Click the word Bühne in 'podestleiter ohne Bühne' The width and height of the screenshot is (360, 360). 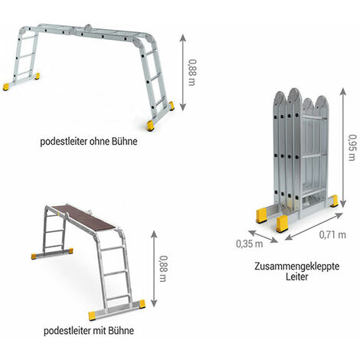click(x=125, y=141)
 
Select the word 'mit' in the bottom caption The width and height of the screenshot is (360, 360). click(x=100, y=331)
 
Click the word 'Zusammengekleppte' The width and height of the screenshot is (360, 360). click(x=297, y=267)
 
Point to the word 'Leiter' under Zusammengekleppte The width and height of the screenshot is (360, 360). click(x=297, y=277)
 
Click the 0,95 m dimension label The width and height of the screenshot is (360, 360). click(x=352, y=147)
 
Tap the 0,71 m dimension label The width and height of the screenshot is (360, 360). click(x=332, y=234)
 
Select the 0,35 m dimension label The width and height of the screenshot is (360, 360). click(x=250, y=244)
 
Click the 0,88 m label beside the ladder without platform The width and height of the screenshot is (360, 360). click(x=193, y=73)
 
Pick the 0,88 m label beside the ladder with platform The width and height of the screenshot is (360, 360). click(x=164, y=269)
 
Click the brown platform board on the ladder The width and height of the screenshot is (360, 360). click(x=83, y=217)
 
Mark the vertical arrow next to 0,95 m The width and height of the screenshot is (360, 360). click(x=343, y=148)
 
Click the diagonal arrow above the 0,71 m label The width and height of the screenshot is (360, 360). click(x=314, y=227)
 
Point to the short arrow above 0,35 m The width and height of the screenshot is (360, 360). click(x=263, y=236)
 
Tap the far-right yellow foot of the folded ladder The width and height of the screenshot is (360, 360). click(x=334, y=201)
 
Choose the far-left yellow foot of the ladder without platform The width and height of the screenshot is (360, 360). click(x=6, y=87)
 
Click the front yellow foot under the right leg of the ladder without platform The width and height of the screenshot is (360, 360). click(x=150, y=126)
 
